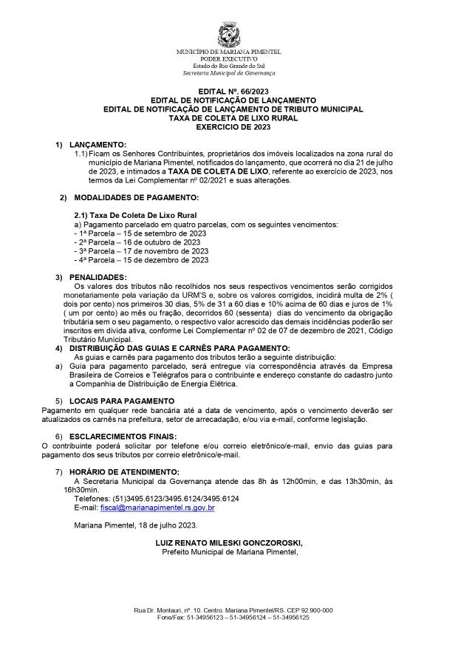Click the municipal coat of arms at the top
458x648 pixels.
228,33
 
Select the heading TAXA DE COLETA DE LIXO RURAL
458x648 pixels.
228,117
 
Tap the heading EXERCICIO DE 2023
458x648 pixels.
228,126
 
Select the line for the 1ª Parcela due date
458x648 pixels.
141,233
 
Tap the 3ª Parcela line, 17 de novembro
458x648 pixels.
141,250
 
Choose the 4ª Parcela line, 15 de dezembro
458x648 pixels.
141,259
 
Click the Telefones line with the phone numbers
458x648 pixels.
156,499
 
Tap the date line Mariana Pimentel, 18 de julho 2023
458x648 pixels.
134,525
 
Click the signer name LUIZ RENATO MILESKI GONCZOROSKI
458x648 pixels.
230,542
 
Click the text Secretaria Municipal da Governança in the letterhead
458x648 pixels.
229,73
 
